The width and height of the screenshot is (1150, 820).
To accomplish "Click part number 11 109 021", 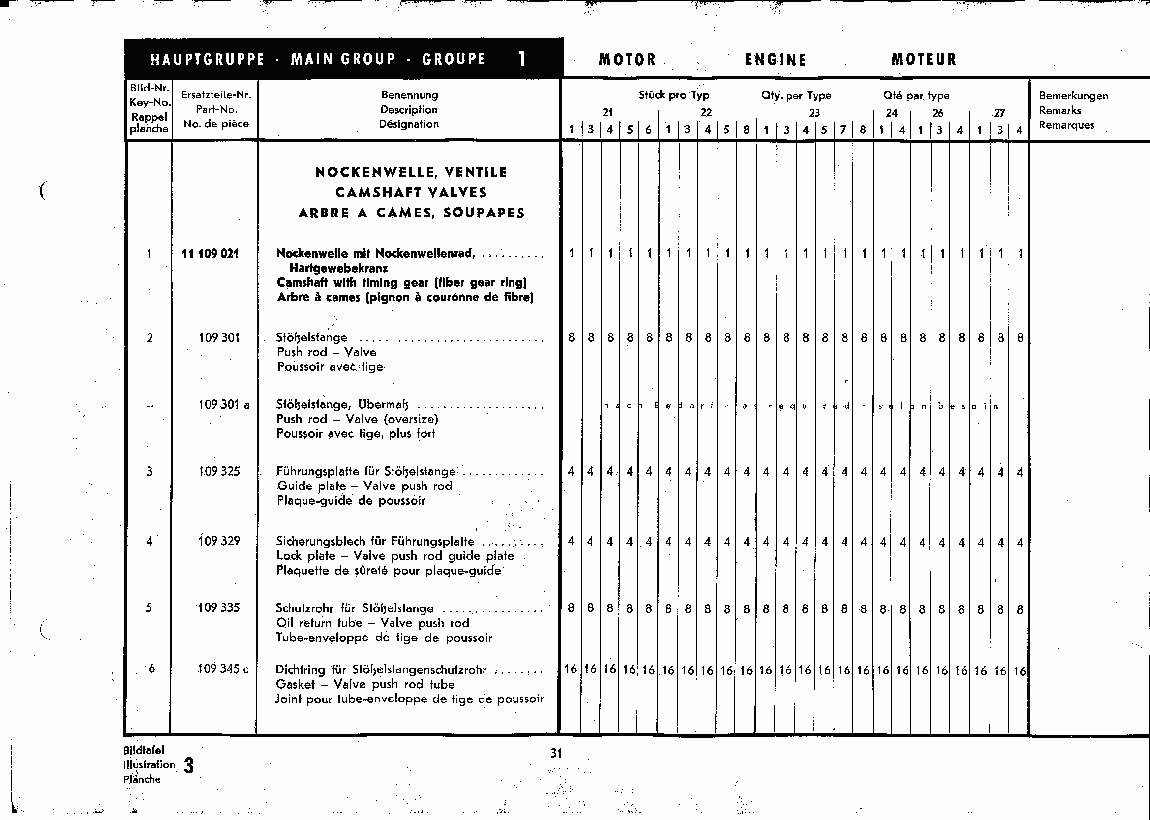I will [210, 253].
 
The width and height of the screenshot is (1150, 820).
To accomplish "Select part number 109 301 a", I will [224, 404].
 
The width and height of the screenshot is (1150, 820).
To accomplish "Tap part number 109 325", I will [218, 471].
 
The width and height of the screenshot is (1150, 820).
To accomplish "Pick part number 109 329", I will [218, 541].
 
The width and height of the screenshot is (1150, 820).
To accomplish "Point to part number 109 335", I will [218, 607].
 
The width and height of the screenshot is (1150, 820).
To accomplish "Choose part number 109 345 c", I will [223, 669].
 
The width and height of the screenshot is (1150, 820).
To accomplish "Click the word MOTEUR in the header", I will [923, 60].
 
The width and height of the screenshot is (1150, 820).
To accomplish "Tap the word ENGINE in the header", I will [775, 60].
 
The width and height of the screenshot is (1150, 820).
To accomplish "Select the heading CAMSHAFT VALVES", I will [411, 192].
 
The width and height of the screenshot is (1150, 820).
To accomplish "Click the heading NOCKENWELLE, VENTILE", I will [411, 172].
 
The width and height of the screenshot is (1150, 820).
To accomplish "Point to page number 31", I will [556, 753].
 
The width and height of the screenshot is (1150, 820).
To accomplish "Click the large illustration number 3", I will [189, 765].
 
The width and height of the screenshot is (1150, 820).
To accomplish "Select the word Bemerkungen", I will [1073, 96].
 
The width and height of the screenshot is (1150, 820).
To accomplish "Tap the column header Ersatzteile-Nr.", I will [216, 95].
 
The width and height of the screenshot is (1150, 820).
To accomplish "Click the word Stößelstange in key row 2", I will [311, 337].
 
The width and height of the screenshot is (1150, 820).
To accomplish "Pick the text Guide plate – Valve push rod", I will [364, 486].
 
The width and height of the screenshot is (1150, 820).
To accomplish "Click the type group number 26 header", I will [938, 113].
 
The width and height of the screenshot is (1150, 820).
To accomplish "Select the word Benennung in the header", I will [409, 95].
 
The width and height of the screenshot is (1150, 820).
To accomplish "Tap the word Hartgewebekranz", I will [338, 268].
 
